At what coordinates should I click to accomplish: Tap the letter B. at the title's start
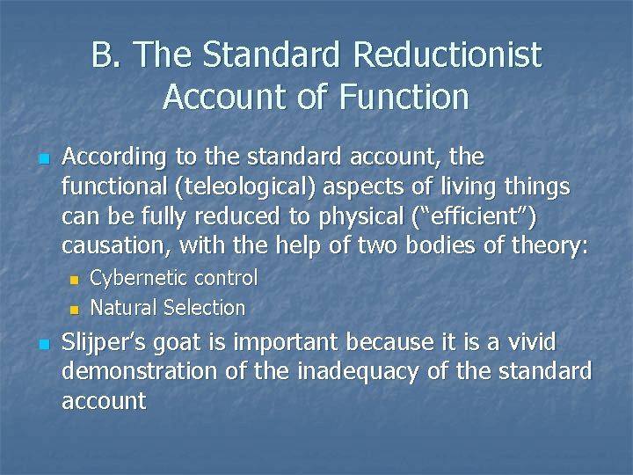click(x=106, y=56)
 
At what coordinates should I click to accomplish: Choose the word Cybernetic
click(x=139, y=278)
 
